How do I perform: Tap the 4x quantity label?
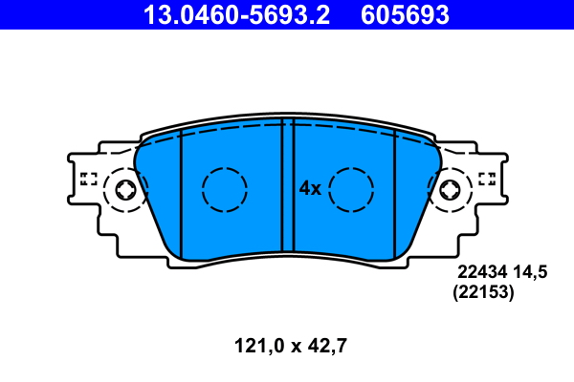[x=309, y=188]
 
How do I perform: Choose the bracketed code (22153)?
[x=483, y=294]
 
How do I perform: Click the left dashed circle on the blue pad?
[x=225, y=189]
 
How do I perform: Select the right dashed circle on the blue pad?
[x=350, y=189]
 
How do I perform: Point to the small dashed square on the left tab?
[x=89, y=178]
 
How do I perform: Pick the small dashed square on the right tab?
[x=486, y=178]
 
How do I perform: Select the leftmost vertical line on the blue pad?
[x=181, y=191]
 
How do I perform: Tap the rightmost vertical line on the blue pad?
[x=395, y=191]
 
